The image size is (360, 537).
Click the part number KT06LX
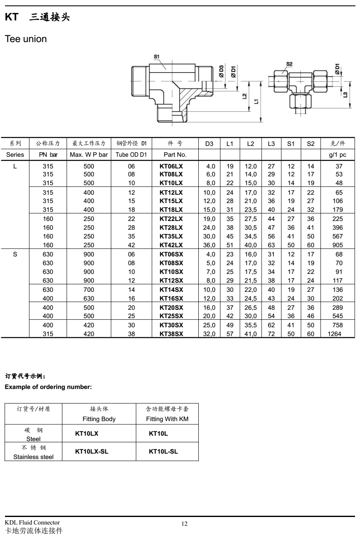pyautogui.click(x=171, y=166)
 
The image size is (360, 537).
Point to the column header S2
pyautogui.click(x=310, y=144)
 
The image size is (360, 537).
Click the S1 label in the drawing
pyautogui.click(x=156, y=56)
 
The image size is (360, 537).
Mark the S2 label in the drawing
pyautogui.click(x=290, y=64)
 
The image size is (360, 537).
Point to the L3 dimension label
pyautogui.click(x=345, y=95)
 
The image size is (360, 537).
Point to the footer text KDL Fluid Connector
pyautogui.click(x=32, y=523)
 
